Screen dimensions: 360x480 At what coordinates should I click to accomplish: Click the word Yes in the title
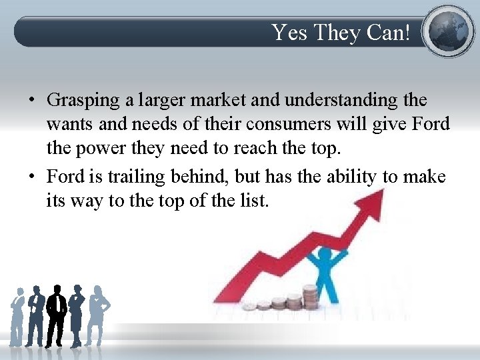pyautogui.click(x=288, y=32)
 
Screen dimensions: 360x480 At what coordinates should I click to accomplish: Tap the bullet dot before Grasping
pyautogui.click(x=31, y=101)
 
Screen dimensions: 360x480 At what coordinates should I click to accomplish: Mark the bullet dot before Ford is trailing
pyautogui.click(x=31, y=177)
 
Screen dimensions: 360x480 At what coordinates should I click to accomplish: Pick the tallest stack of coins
pyautogui.click(x=309, y=296)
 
